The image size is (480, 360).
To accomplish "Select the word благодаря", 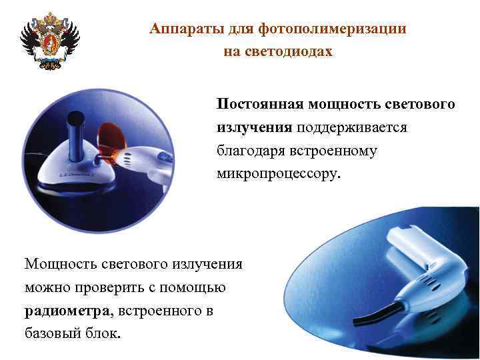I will click(x=247, y=151).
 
